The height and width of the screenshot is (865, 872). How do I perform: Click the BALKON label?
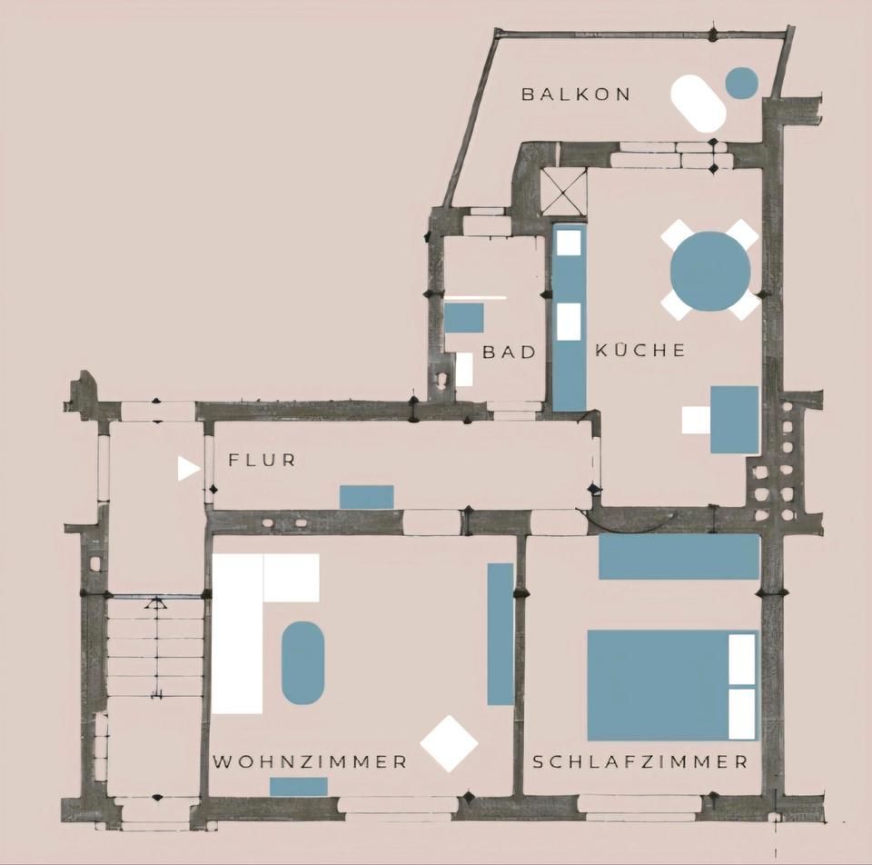[x=576, y=94]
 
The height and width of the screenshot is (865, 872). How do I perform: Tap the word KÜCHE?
[x=640, y=351]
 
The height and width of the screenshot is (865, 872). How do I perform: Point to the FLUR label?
[x=262, y=460]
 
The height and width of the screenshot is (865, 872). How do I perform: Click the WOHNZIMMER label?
[x=310, y=761]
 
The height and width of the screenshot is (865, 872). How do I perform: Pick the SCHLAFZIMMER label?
[x=640, y=761]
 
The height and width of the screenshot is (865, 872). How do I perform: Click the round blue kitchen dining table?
[x=710, y=271]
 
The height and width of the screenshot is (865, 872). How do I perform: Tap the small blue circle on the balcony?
[x=741, y=83]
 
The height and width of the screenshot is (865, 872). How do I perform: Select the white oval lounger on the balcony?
[x=699, y=103]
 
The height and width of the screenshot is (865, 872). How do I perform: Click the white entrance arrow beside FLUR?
[x=188, y=468]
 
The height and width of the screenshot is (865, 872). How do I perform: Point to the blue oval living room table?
[x=303, y=662]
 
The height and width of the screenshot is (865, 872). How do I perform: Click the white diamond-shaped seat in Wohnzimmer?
[x=449, y=743]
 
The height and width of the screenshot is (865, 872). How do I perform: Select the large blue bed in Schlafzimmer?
[x=659, y=685]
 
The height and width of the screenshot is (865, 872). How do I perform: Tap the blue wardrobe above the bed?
[x=679, y=556]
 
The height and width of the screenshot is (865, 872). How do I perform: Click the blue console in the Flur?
[x=367, y=497]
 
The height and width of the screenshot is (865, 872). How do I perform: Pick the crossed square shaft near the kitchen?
[x=563, y=192]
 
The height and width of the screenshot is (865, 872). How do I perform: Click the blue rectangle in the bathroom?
[x=463, y=318]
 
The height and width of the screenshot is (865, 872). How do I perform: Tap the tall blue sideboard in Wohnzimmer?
[x=500, y=634]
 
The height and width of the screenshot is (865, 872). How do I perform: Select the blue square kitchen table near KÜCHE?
[x=734, y=419]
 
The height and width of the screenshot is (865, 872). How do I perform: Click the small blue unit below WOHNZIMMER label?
[x=299, y=787]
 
